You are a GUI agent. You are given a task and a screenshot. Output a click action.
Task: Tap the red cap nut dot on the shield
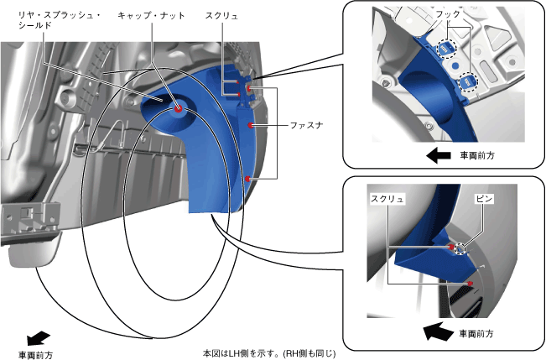[179, 108]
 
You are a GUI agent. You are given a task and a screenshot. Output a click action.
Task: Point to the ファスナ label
[307, 125]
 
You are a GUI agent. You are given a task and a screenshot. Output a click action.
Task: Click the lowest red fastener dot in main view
[247, 180]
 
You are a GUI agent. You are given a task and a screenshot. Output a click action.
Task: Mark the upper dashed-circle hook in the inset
[443, 50]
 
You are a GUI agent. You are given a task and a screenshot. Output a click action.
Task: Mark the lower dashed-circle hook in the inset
[465, 82]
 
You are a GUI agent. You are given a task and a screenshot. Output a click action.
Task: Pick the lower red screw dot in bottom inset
[471, 284]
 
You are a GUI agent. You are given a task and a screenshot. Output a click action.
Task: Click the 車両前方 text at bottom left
[36, 355]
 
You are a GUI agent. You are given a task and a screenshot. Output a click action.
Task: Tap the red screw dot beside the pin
[451, 247]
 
